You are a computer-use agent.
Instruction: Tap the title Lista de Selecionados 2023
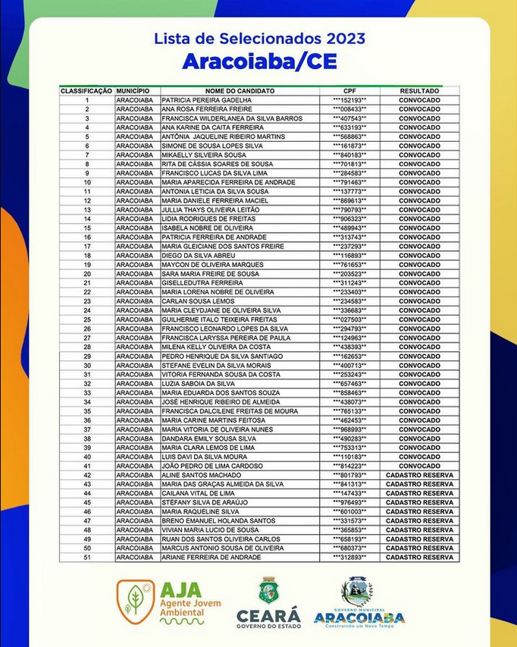(259, 38)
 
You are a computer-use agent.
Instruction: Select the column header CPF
(349, 91)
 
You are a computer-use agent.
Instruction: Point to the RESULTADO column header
(419, 91)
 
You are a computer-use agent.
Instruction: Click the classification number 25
(87, 319)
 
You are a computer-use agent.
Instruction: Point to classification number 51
(87, 557)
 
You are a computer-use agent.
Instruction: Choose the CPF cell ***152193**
(349, 100)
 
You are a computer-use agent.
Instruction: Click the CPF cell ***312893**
(349, 557)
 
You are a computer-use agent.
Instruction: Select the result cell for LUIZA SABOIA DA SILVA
(419, 384)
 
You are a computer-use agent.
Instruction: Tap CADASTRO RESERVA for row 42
(419, 475)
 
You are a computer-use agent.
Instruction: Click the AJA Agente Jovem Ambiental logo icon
(136, 601)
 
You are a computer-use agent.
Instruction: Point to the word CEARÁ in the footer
(268, 614)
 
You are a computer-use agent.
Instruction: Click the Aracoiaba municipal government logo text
(359, 617)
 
